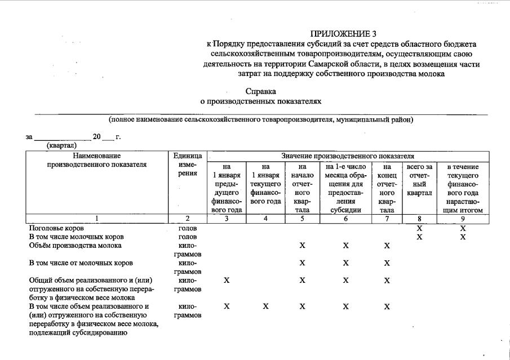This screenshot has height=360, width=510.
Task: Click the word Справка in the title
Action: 261,91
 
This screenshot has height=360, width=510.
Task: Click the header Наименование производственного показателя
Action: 97,160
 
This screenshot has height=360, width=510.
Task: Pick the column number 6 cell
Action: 345,218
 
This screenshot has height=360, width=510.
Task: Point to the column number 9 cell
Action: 462,218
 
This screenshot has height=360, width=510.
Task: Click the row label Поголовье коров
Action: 56,228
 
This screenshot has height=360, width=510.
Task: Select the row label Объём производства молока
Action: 75,246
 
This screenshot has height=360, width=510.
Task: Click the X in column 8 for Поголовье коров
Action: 419,228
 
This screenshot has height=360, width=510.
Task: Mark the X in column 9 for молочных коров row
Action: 462,237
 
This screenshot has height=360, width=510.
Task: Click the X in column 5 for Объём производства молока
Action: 303,246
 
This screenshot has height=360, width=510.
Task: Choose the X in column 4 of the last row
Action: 265,306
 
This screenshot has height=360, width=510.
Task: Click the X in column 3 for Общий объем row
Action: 227,281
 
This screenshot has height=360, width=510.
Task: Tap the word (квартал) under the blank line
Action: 61,145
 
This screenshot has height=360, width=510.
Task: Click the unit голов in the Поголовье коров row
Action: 187,228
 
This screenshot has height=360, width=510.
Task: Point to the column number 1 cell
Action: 97,218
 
